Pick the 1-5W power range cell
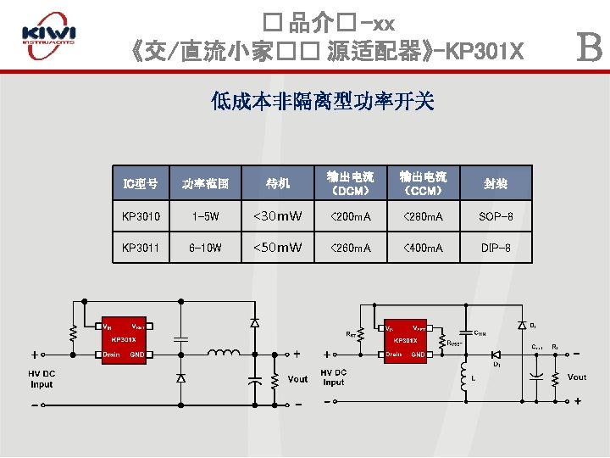205,216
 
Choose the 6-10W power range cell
205,248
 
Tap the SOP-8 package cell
496,216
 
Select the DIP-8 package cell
496,248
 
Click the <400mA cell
423,248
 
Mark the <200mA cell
351,216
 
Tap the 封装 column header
496,182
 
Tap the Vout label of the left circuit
297,379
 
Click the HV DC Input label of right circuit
334,377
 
